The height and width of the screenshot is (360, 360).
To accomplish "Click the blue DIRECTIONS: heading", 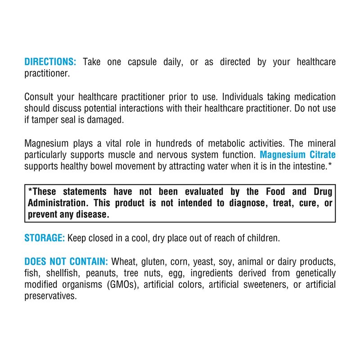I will [x=50, y=62].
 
